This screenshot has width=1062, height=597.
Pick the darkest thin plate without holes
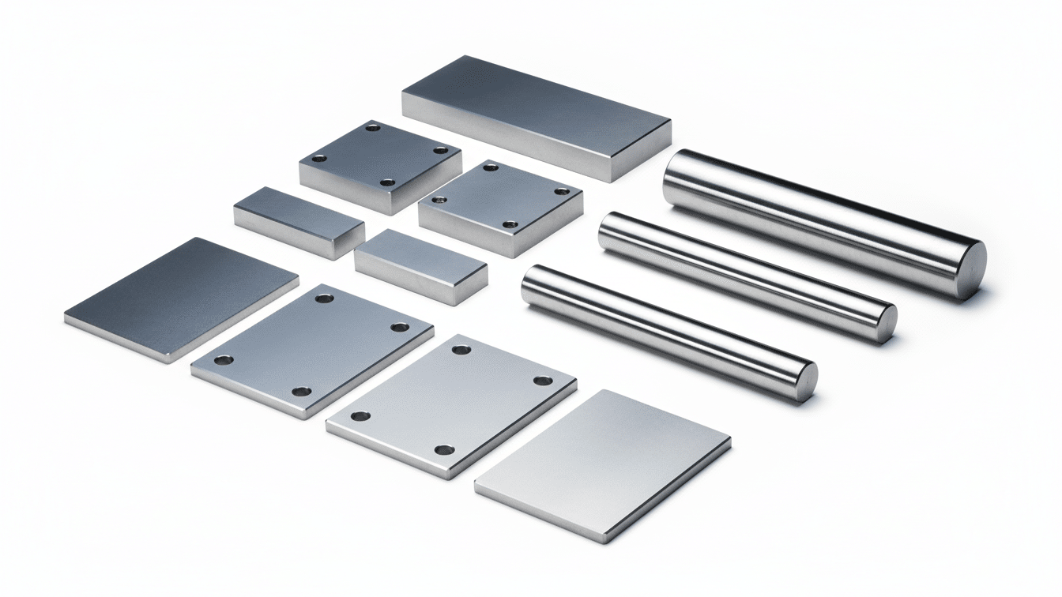tap(182, 296)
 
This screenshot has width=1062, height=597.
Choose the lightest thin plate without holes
tap(604, 462)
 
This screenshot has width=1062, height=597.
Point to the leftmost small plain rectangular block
tap(299, 220)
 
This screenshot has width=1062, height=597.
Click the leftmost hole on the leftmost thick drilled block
tap(319, 159)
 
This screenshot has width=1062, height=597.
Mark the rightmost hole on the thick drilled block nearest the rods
tap(562, 191)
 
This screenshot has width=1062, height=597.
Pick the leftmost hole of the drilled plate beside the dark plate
tap(223, 360)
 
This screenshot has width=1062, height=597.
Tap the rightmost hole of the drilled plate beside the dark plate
tap(400, 327)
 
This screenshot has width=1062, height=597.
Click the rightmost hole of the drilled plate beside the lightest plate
tap(543, 381)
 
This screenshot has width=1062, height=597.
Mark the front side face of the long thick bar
tap(506, 142)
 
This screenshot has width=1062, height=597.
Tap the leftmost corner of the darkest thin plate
tap(66, 320)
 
